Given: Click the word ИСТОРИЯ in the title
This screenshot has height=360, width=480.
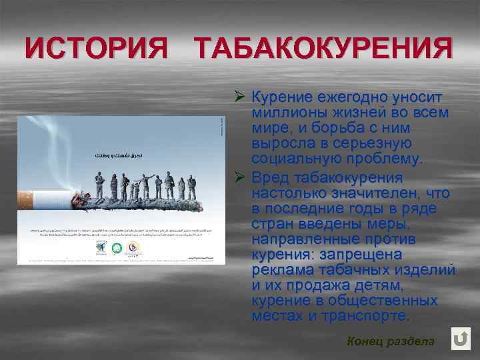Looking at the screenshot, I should tap(96, 48).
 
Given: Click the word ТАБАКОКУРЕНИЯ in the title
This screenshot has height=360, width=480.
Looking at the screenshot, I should tap(323, 48).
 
